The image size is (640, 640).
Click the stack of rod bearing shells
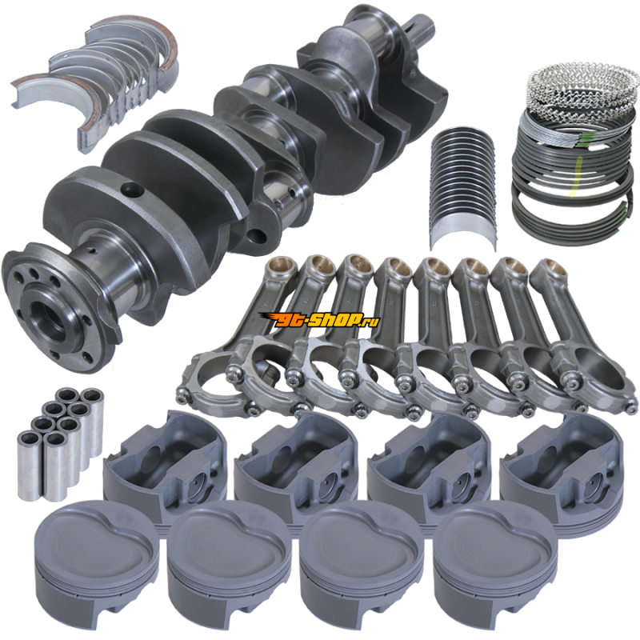pos(463,188)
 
